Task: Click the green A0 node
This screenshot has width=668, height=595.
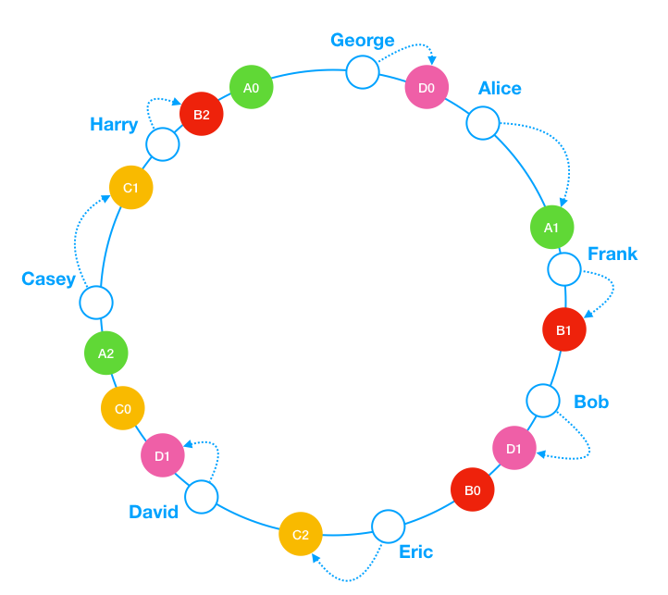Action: click(252, 87)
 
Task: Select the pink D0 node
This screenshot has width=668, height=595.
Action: click(427, 87)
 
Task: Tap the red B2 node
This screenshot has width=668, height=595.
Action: click(202, 114)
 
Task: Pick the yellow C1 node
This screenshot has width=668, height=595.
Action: click(131, 188)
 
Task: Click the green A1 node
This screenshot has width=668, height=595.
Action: click(552, 228)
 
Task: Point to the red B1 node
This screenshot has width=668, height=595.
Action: click(564, 329)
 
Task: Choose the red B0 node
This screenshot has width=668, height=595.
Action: click(473, 490)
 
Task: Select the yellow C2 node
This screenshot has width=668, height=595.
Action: click(301, 534)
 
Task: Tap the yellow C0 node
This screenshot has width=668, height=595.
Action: click(123, 408)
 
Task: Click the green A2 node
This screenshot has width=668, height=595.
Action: click(106, 353)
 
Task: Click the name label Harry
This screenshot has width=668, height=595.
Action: click(114, 125)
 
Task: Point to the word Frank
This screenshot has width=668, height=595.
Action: click(612, 254)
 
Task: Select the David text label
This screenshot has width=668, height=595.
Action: click(154, 512)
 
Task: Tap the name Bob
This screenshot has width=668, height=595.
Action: click(591, 402)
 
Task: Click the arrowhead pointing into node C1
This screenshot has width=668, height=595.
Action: click(105, 198)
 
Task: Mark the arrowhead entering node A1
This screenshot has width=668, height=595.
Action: click(563, 202)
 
